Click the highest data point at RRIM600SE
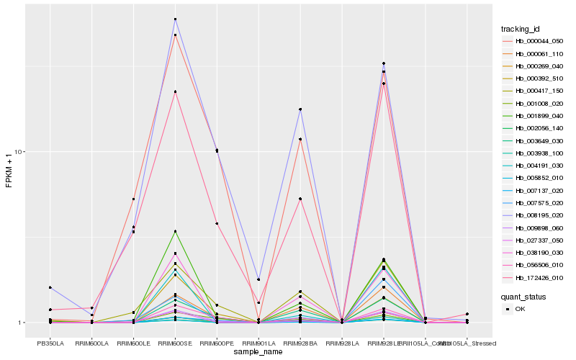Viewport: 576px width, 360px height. pos(175,19)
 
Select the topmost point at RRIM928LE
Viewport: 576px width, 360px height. pos(384,63)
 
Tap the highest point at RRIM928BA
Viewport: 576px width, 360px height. pos(300,109)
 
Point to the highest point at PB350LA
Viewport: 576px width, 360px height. pos(50,287)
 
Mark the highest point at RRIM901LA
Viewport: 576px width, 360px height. pos(258,279)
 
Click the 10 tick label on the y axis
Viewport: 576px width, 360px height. pos(21,152)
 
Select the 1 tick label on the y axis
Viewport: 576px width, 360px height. pos(22,323)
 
